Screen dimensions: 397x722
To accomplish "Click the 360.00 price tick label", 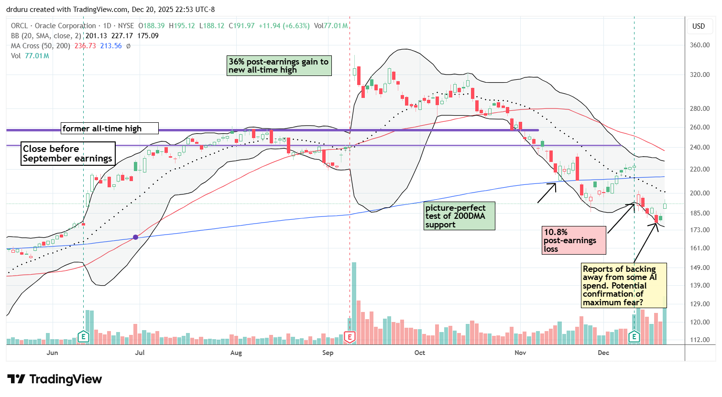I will click(x=699, y=45).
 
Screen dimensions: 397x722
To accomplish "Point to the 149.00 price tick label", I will click(x=699, y=268).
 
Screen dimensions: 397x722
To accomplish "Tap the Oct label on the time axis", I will click(x=419, y=353).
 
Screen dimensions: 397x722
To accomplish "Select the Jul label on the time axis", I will click(x=140, y=353).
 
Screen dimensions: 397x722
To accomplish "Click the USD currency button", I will click(x=699, y=26).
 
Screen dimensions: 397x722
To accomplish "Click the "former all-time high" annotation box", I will click(x=109, y=129).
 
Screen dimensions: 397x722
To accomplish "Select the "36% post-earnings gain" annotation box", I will click(x=279, y=65).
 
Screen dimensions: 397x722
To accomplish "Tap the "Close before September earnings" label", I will click(x=67, y=153).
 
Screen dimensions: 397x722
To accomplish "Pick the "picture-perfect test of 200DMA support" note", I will click(x=459, y=216).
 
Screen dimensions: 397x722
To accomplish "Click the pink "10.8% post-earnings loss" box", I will click(x=573, y=240).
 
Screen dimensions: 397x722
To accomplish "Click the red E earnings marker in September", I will click(x=350, y=337).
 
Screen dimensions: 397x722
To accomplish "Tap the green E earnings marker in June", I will click(x=83, y=337).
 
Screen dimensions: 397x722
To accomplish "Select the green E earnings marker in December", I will click(x=634, y=337).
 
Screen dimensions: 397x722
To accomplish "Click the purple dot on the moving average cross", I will click(x=136, y=237).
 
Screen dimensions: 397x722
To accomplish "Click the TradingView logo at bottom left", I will click(x=55, y=379).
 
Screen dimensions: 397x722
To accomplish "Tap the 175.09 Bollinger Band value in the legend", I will click(x=148, y=36).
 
